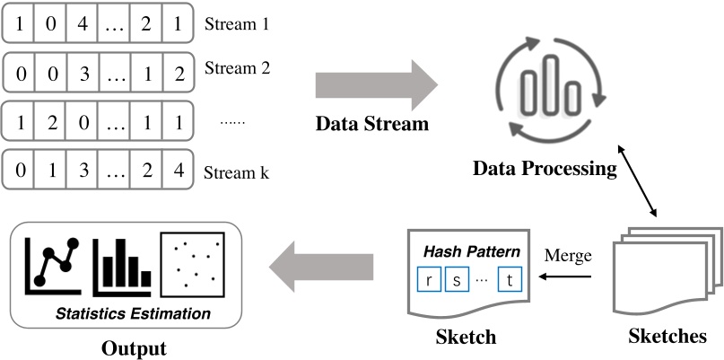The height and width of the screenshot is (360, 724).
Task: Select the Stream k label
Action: coord(237,172)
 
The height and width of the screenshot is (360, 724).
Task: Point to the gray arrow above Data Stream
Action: coord(376,86)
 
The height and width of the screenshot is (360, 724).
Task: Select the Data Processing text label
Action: coord(545,168)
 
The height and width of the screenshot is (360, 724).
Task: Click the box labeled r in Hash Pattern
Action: coord(431,279)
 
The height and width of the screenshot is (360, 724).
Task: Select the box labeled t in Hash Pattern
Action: coord(510,279)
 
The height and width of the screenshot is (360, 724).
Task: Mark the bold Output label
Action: coord(134,347)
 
